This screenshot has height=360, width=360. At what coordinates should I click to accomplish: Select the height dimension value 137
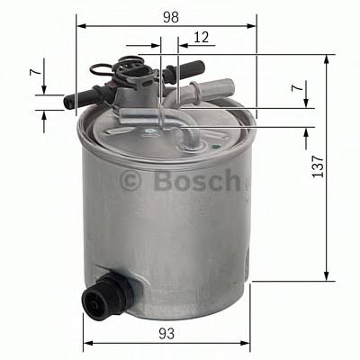pyautogui.click(x=317, y=166)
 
